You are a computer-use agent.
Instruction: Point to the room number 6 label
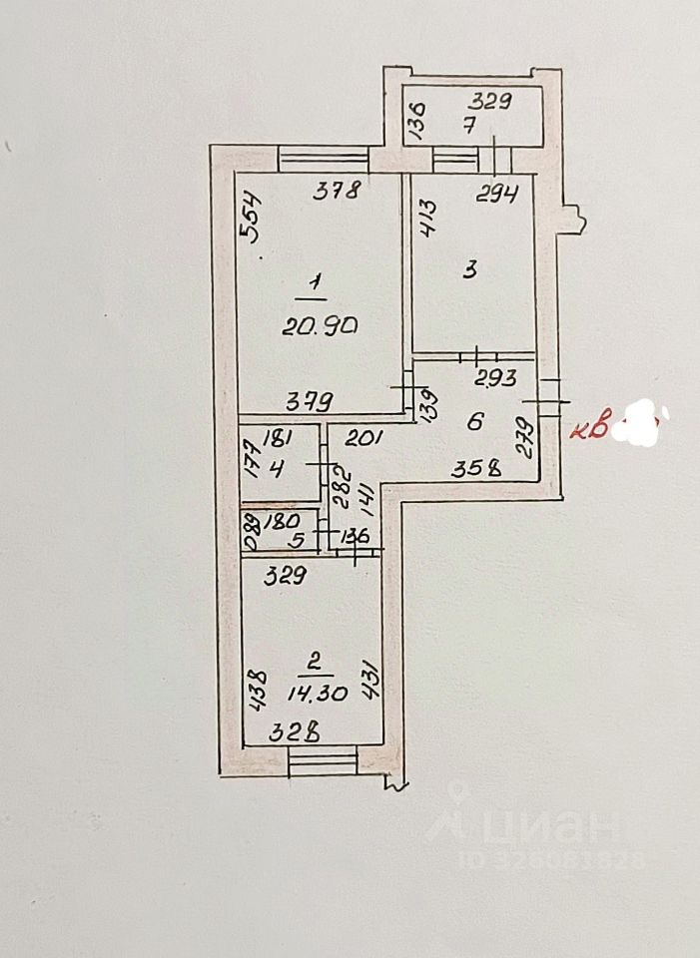point(475,421)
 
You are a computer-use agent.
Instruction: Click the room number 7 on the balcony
point(468,126)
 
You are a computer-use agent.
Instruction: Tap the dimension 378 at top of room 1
point(336,194)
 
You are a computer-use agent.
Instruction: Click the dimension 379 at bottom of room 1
point(310,401)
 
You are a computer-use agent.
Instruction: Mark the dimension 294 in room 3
point(496,196)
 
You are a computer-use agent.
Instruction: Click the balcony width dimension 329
point(491,100)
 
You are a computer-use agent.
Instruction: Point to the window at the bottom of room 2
point(322,763)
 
